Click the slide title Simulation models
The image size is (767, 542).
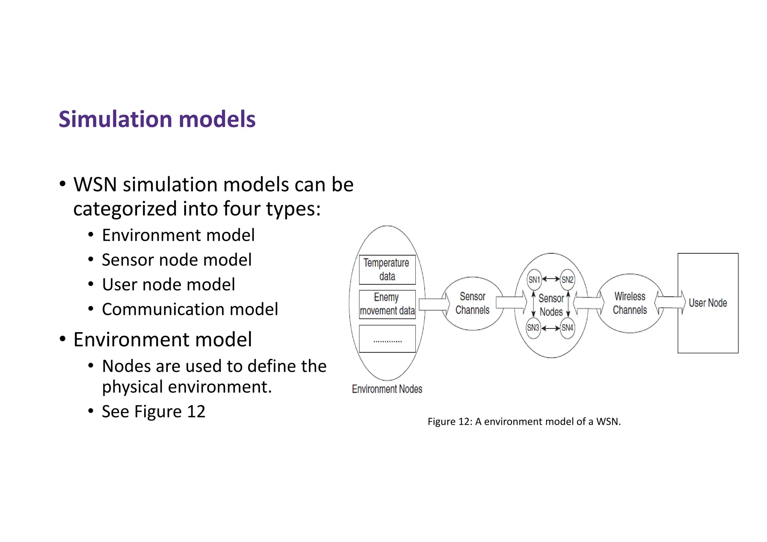click(157, 119)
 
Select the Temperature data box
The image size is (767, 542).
click(387, 270)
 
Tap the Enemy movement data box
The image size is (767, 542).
click(387, 304)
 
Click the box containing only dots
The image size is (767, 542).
click(387, 339)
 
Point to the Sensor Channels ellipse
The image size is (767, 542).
click(472, 303)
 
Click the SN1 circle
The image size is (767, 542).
click(534, 279)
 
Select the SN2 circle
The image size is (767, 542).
click(567, 279)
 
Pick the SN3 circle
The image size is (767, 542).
click(533, 328)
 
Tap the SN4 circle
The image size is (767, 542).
click(567, 328)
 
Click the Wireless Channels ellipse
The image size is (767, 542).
click(630, 303)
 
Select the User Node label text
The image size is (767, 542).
click(707, 303)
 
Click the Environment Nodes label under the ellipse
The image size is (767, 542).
click(387, 389)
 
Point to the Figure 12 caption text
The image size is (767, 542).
click(524, 422)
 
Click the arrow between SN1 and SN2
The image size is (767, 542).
click(551, 279)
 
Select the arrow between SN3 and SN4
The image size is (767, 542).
click(551, 328)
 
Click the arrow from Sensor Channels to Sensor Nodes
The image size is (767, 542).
click(511, 302)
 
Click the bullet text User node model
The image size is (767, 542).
click(169, 285)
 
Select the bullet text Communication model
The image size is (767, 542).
click(190, 309)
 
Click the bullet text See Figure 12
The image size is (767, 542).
click(154, 412)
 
